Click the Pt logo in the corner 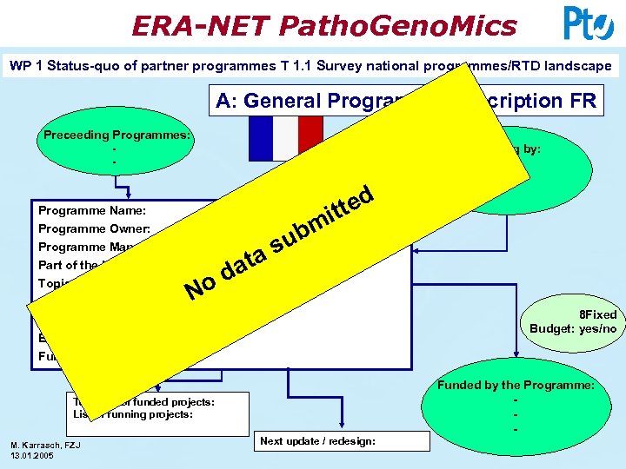coord(588,23)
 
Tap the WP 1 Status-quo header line coord(310,65)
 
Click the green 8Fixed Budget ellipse coord(574,321)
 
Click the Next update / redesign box coord(317,441)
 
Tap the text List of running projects coord(139,413)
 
